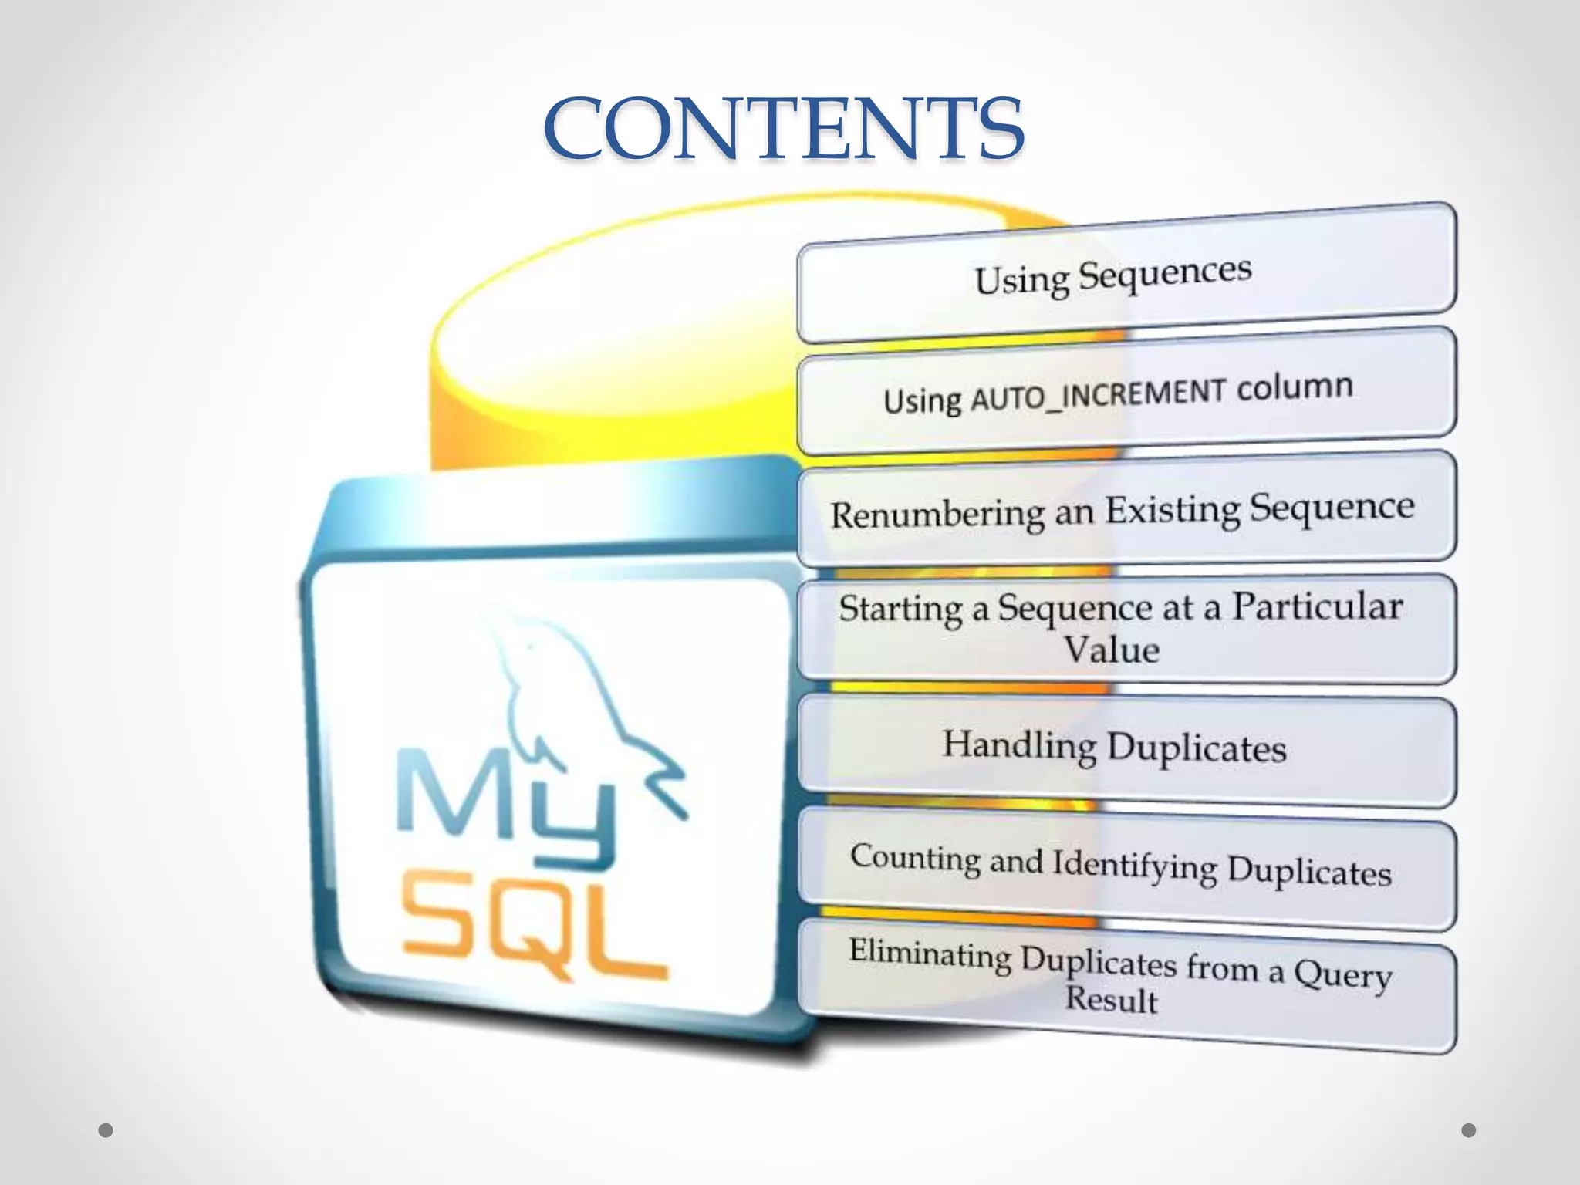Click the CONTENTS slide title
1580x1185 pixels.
point(784,129)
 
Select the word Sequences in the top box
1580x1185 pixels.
point(1165,274)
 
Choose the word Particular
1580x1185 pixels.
point(1317,606)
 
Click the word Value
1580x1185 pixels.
point(1112,649)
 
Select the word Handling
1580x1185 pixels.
point(1019,745)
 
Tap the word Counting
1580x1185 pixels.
point(916,858)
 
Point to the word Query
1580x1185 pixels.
point(1342,974)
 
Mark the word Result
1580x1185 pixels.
point(1112,1000)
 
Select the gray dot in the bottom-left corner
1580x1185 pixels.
point(106,1130)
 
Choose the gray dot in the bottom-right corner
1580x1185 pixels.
point(1469,1130)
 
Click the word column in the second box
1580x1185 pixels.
point(1295,387)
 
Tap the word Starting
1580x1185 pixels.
point(900,609)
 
